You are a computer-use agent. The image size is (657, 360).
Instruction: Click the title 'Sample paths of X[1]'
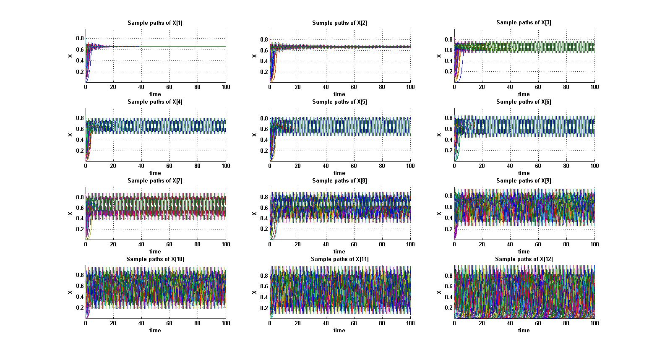(x=155, y=23)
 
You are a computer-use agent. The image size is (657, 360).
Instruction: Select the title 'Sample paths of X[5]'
(x=339, y=102)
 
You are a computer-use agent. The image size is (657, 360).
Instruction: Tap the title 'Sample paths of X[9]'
(x=524, y=180)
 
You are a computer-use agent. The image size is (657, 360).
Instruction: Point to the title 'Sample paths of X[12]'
(x=524, y=259)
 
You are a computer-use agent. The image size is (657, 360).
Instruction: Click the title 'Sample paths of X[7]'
(x=155, y=180)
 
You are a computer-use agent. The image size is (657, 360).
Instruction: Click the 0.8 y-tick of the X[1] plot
(x=80, y=39)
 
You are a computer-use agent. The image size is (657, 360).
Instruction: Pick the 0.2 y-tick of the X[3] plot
(x=448, y=71)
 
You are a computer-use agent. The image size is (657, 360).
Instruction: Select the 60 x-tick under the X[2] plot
(x=354, y=87)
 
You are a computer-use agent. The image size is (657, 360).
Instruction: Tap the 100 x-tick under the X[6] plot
(x=594, y=166)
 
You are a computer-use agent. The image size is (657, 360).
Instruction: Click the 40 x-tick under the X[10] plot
(x=141, y=323)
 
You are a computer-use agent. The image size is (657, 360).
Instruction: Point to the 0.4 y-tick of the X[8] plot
(x=264, y=218)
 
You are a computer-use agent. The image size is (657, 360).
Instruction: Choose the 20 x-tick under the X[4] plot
(x=113, y=166)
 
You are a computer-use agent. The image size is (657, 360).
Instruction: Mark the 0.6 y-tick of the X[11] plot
(x=264, y=287)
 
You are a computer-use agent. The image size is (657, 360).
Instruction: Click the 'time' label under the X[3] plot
(x=524, y=94)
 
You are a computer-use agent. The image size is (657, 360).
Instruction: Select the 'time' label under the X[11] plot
(x=339, y=330)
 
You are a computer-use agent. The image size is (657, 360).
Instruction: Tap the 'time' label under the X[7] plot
(x=155, y=251)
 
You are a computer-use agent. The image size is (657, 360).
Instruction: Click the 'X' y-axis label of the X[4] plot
(x=70, y=135)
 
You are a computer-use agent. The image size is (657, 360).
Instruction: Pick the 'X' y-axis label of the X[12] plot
(x=439, y=292)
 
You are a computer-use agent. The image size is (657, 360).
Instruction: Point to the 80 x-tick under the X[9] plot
(x=566, y=244)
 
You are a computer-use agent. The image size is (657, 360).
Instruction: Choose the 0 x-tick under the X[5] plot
(x=270, y=166)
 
